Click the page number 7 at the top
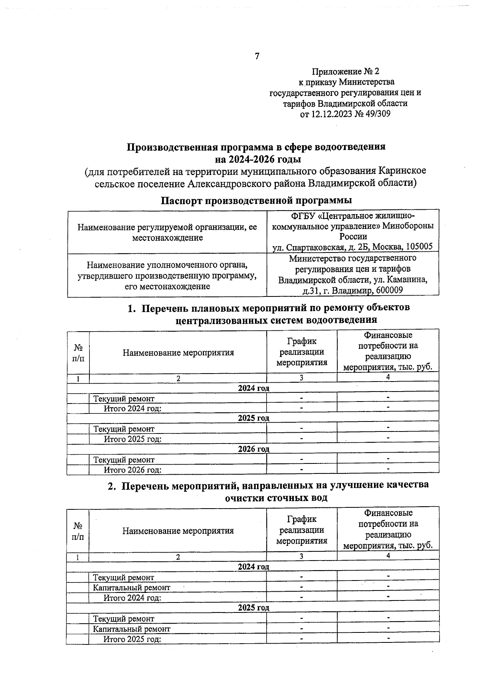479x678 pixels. click(x=257, y=56)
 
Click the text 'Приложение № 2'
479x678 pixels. click(x=345, y=72)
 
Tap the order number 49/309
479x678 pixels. click(x=375, y=114)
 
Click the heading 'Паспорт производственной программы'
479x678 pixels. click(x=256, y=200)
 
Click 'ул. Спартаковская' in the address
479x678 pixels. click(x=304, y=247)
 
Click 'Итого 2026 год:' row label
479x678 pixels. click(x=133, y=470)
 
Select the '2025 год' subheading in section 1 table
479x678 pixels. click(x=253, y=418)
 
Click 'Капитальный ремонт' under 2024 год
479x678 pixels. click(x=131, y=588)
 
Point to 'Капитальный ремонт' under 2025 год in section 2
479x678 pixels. click(x=131, y=629)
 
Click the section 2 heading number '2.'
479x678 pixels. click(x=112, y=485)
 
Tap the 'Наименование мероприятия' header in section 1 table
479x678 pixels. click(x=178, y=353)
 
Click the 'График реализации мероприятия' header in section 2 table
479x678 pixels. click(x=302, y=530)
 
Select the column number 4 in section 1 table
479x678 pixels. click(x=388, y=377)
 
